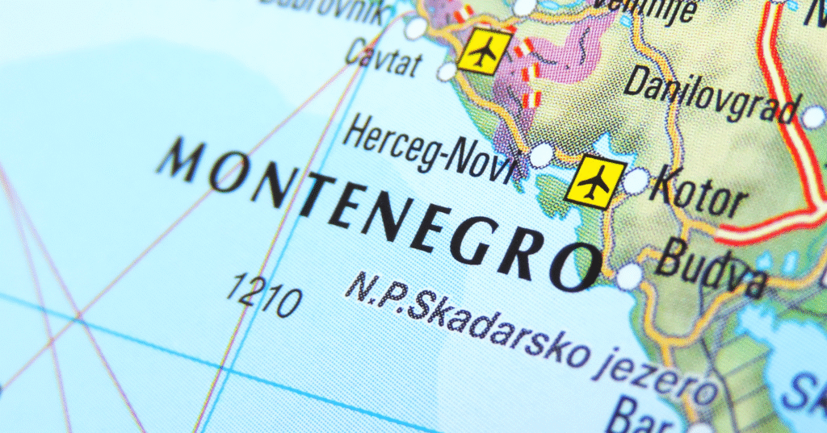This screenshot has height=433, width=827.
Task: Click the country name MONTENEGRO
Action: pos(380,214)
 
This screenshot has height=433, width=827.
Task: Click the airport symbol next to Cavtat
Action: pos(484,51)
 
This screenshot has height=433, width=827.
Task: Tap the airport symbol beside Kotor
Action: pos(595,181)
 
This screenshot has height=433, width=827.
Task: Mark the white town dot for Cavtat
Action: pos(447,72)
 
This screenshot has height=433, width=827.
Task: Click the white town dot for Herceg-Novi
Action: pos(541,154)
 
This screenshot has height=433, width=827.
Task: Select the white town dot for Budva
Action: pos(629,276)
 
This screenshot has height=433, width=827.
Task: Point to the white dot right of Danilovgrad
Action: pos(813,118)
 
